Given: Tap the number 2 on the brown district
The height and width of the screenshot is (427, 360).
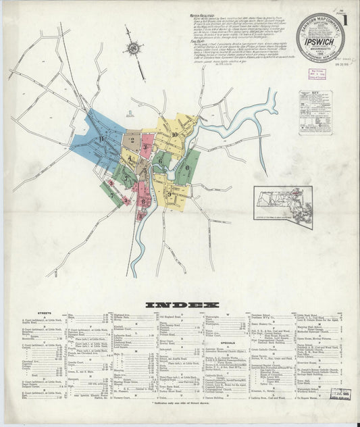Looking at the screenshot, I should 134,143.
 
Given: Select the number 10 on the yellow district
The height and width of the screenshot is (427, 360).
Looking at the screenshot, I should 174,134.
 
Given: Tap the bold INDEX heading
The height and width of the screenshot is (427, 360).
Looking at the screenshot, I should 180,305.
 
